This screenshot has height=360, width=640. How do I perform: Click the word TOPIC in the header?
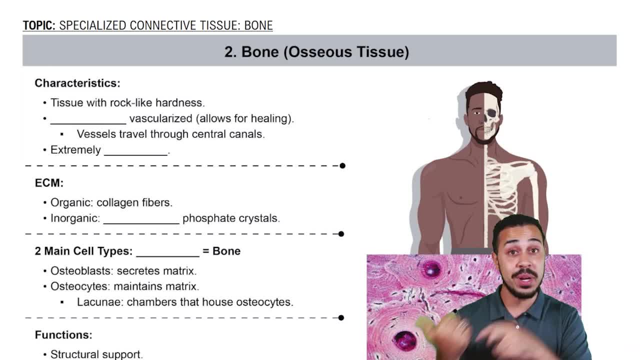coord(38,25)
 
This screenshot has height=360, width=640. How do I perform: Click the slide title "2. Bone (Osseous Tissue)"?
coord(316,51)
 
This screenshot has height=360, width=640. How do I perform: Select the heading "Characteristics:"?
coord(77,83)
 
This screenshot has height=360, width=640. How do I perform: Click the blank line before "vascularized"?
coord(88,120)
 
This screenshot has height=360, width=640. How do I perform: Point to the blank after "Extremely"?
coord(135,151)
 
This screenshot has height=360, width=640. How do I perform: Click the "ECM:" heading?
coord(49,183)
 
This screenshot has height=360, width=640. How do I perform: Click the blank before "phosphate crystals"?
coord(141,220)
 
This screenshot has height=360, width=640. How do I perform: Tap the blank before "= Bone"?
coord(167,252)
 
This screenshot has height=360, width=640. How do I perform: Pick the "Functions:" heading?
coord(63,334)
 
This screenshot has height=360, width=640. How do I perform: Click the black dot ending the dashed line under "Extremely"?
coord(342,165)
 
